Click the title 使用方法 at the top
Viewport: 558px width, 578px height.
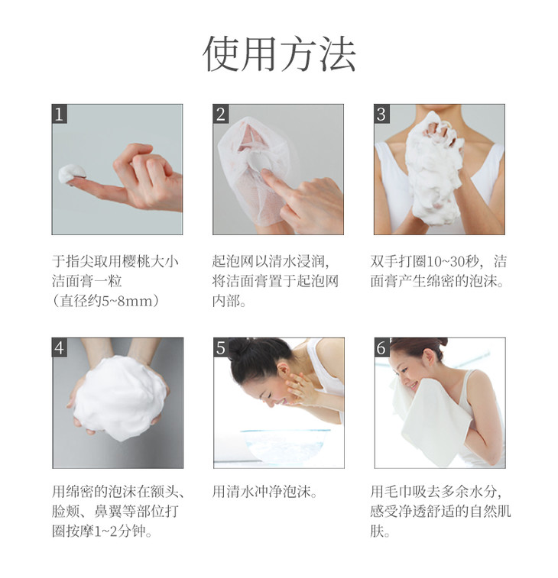279,53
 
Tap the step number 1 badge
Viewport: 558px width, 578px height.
60,114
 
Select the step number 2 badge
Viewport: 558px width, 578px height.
221,114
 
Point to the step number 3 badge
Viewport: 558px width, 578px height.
381,114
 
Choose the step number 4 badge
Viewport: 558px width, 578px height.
60,347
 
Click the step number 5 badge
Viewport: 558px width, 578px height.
221,347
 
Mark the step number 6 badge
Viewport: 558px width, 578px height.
381,347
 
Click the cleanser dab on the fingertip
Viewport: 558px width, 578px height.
72,174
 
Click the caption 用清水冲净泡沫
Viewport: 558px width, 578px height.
264,492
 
